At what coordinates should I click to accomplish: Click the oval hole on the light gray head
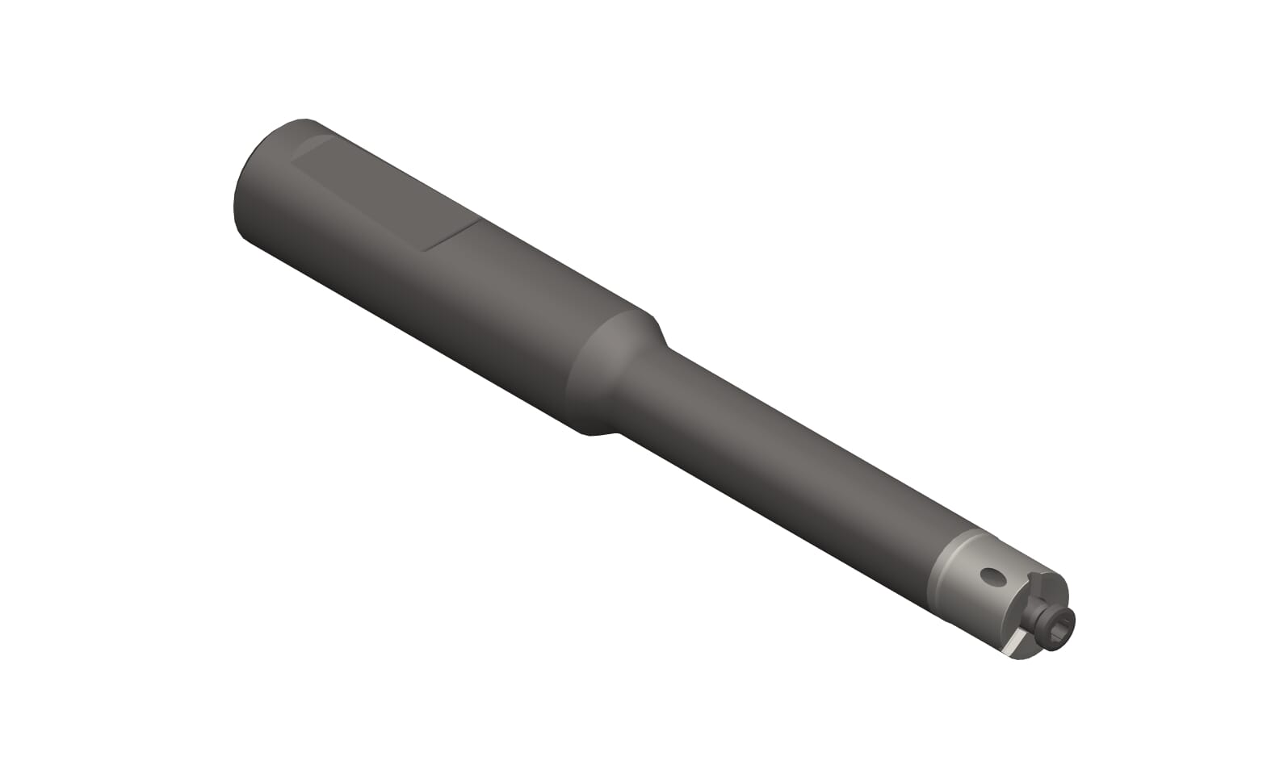point(992,576)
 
